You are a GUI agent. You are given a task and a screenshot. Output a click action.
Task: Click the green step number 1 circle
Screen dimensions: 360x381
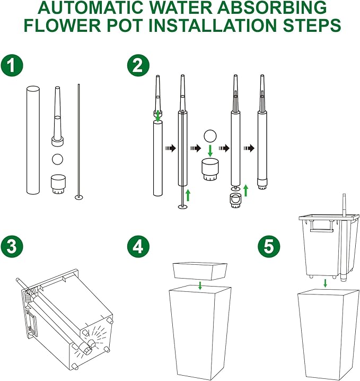(12, 66)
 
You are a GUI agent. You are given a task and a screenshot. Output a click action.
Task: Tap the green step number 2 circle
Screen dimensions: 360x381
(138, 66)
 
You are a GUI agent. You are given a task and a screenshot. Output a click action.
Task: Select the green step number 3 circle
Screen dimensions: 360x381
(12, 247)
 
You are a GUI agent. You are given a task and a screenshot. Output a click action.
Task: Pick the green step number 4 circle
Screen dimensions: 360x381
(138, 247)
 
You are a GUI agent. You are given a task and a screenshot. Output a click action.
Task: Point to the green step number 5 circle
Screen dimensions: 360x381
(269, 247)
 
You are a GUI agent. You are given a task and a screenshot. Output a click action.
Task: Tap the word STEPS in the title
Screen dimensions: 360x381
(312, 25)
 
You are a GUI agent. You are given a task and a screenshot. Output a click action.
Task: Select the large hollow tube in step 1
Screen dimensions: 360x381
(33, 140)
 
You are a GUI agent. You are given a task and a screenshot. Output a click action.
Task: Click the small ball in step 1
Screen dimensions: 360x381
(58, 159)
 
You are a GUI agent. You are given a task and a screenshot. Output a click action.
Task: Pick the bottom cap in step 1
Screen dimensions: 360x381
(58, 185)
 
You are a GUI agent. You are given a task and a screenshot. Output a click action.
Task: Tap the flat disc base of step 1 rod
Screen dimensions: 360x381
(79, 197)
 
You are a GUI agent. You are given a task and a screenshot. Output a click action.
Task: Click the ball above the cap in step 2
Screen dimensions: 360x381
(210, 136)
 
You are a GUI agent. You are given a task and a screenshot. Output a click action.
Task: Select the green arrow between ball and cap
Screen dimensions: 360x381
(210, 151)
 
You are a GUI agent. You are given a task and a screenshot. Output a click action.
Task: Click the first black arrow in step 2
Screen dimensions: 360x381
(170, 148)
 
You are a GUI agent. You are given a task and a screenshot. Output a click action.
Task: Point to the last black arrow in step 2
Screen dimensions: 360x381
(249, 148)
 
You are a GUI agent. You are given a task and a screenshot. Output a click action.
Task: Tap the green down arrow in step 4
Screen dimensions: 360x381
(200, 285)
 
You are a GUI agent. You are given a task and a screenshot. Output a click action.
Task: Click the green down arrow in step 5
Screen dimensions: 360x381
(326, 283)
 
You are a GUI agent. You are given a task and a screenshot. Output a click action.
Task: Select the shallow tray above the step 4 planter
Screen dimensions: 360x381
(200, 271)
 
